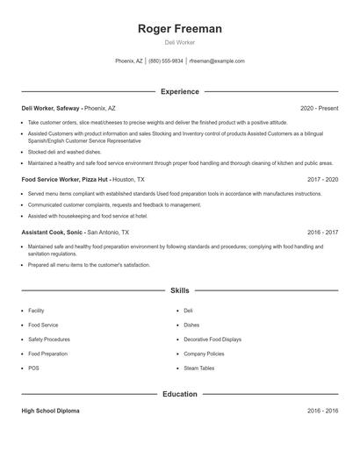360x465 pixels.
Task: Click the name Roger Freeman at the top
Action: coord(180,29)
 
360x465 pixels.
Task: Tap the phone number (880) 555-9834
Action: coord(166,61)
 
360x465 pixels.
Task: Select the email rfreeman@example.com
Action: coord(217,61)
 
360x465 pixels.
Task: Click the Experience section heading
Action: coord(180,91)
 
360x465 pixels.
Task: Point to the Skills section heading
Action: coord(180,290)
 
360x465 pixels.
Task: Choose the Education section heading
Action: coord(180,395)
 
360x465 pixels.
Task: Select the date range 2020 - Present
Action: coord(319,108)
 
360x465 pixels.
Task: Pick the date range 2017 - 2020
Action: coord(323,179)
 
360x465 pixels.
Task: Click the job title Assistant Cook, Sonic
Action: coord(53,232)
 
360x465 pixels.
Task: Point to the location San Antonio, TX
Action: coord(108,232)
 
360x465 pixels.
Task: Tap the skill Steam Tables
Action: coord(198,368)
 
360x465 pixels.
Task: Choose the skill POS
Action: coord(33,368)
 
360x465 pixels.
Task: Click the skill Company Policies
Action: coord(205,354)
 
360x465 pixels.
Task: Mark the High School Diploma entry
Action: coord(51,411)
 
